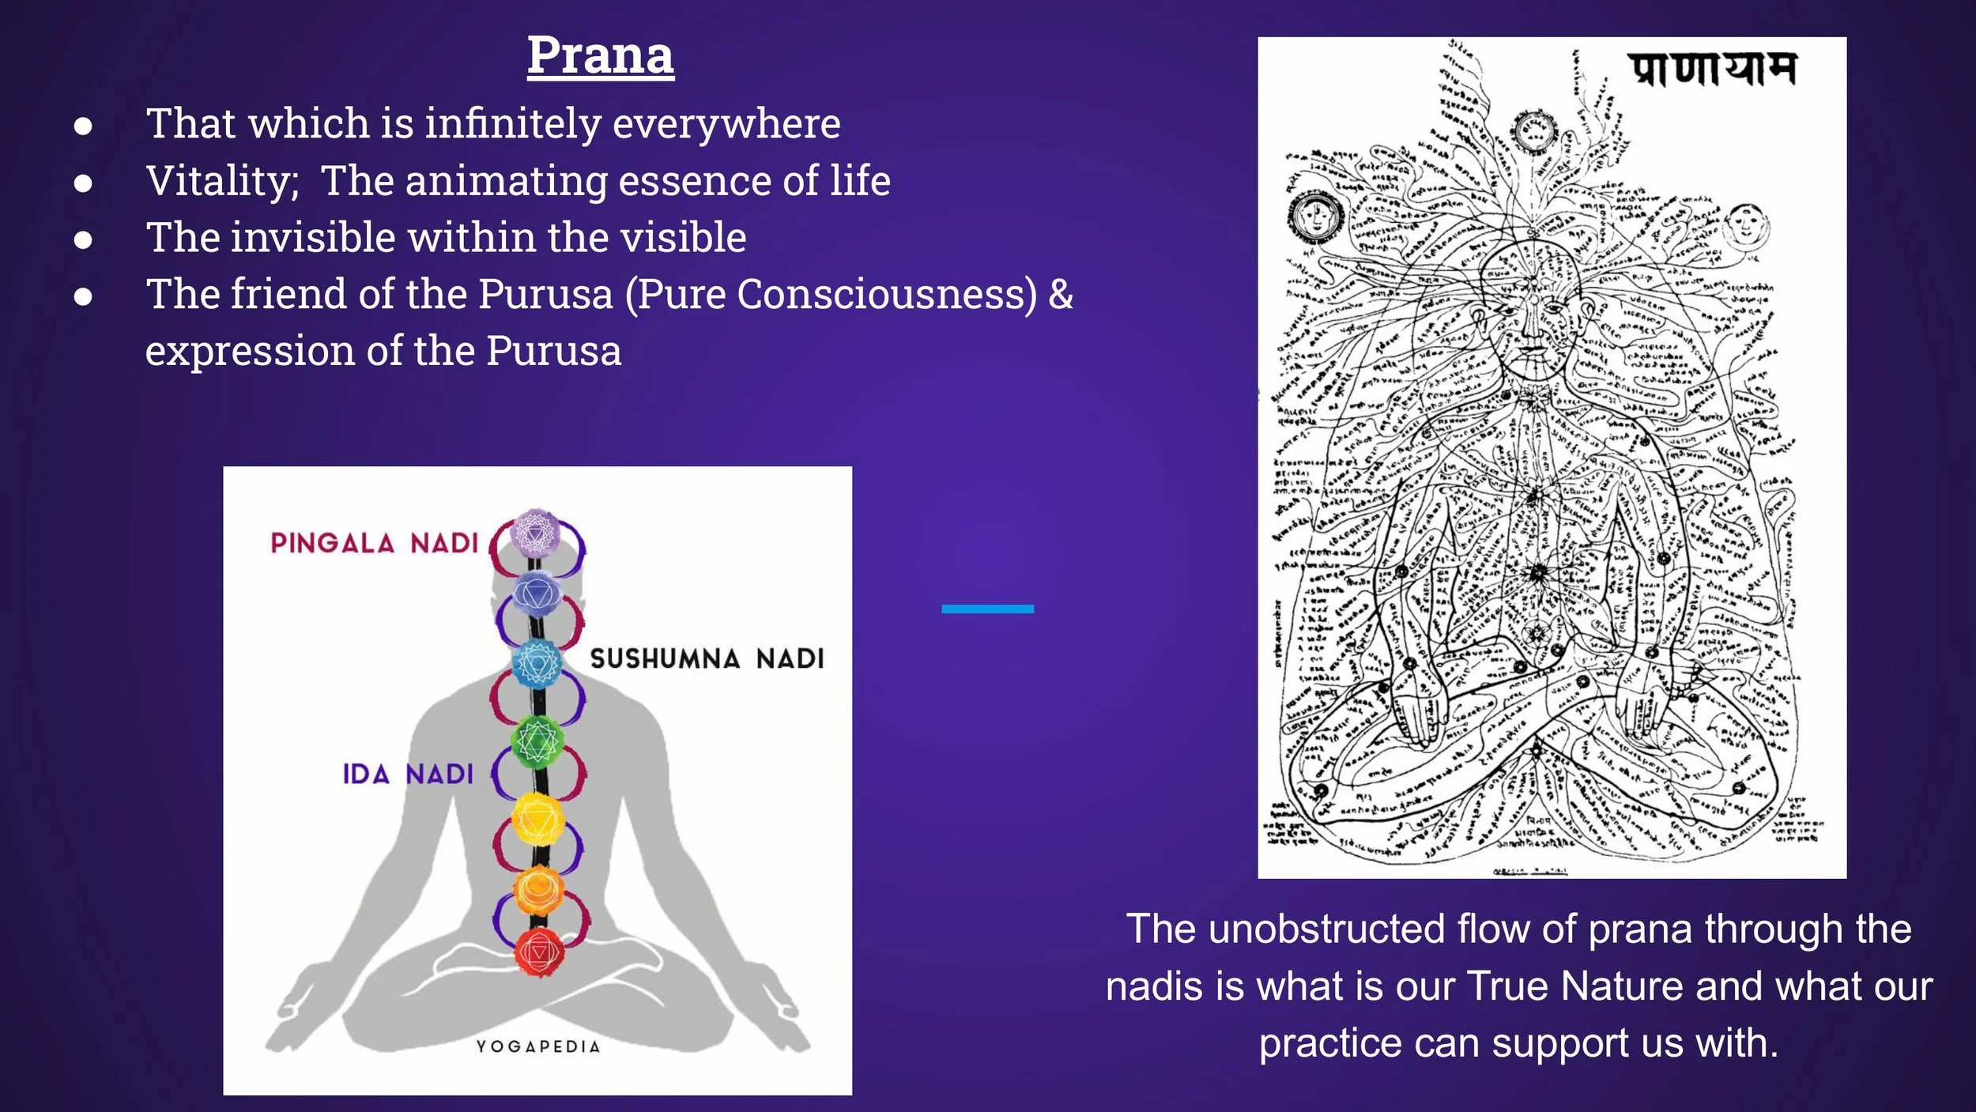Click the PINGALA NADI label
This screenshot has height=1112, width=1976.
tap(375, 543)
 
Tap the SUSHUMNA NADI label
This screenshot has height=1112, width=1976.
tap(707, 658)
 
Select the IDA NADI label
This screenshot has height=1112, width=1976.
tap(408, 774)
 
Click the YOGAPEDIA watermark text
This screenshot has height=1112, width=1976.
tap(538, 1046)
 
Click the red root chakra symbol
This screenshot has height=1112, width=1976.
tap(538, 952)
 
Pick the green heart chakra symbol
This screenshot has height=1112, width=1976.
tap(537, 741)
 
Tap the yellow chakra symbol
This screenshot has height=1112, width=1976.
tap(537, 819)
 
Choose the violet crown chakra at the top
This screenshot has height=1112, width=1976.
tap(536, 533)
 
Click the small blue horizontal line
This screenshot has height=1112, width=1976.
tap(987, 609)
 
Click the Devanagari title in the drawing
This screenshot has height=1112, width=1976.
tap(1712, 70)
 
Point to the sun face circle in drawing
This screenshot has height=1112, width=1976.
tap(1316, 215)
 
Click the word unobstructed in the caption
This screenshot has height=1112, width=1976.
tap(1328, 929)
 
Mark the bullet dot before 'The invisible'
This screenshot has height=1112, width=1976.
tap(83, 239)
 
